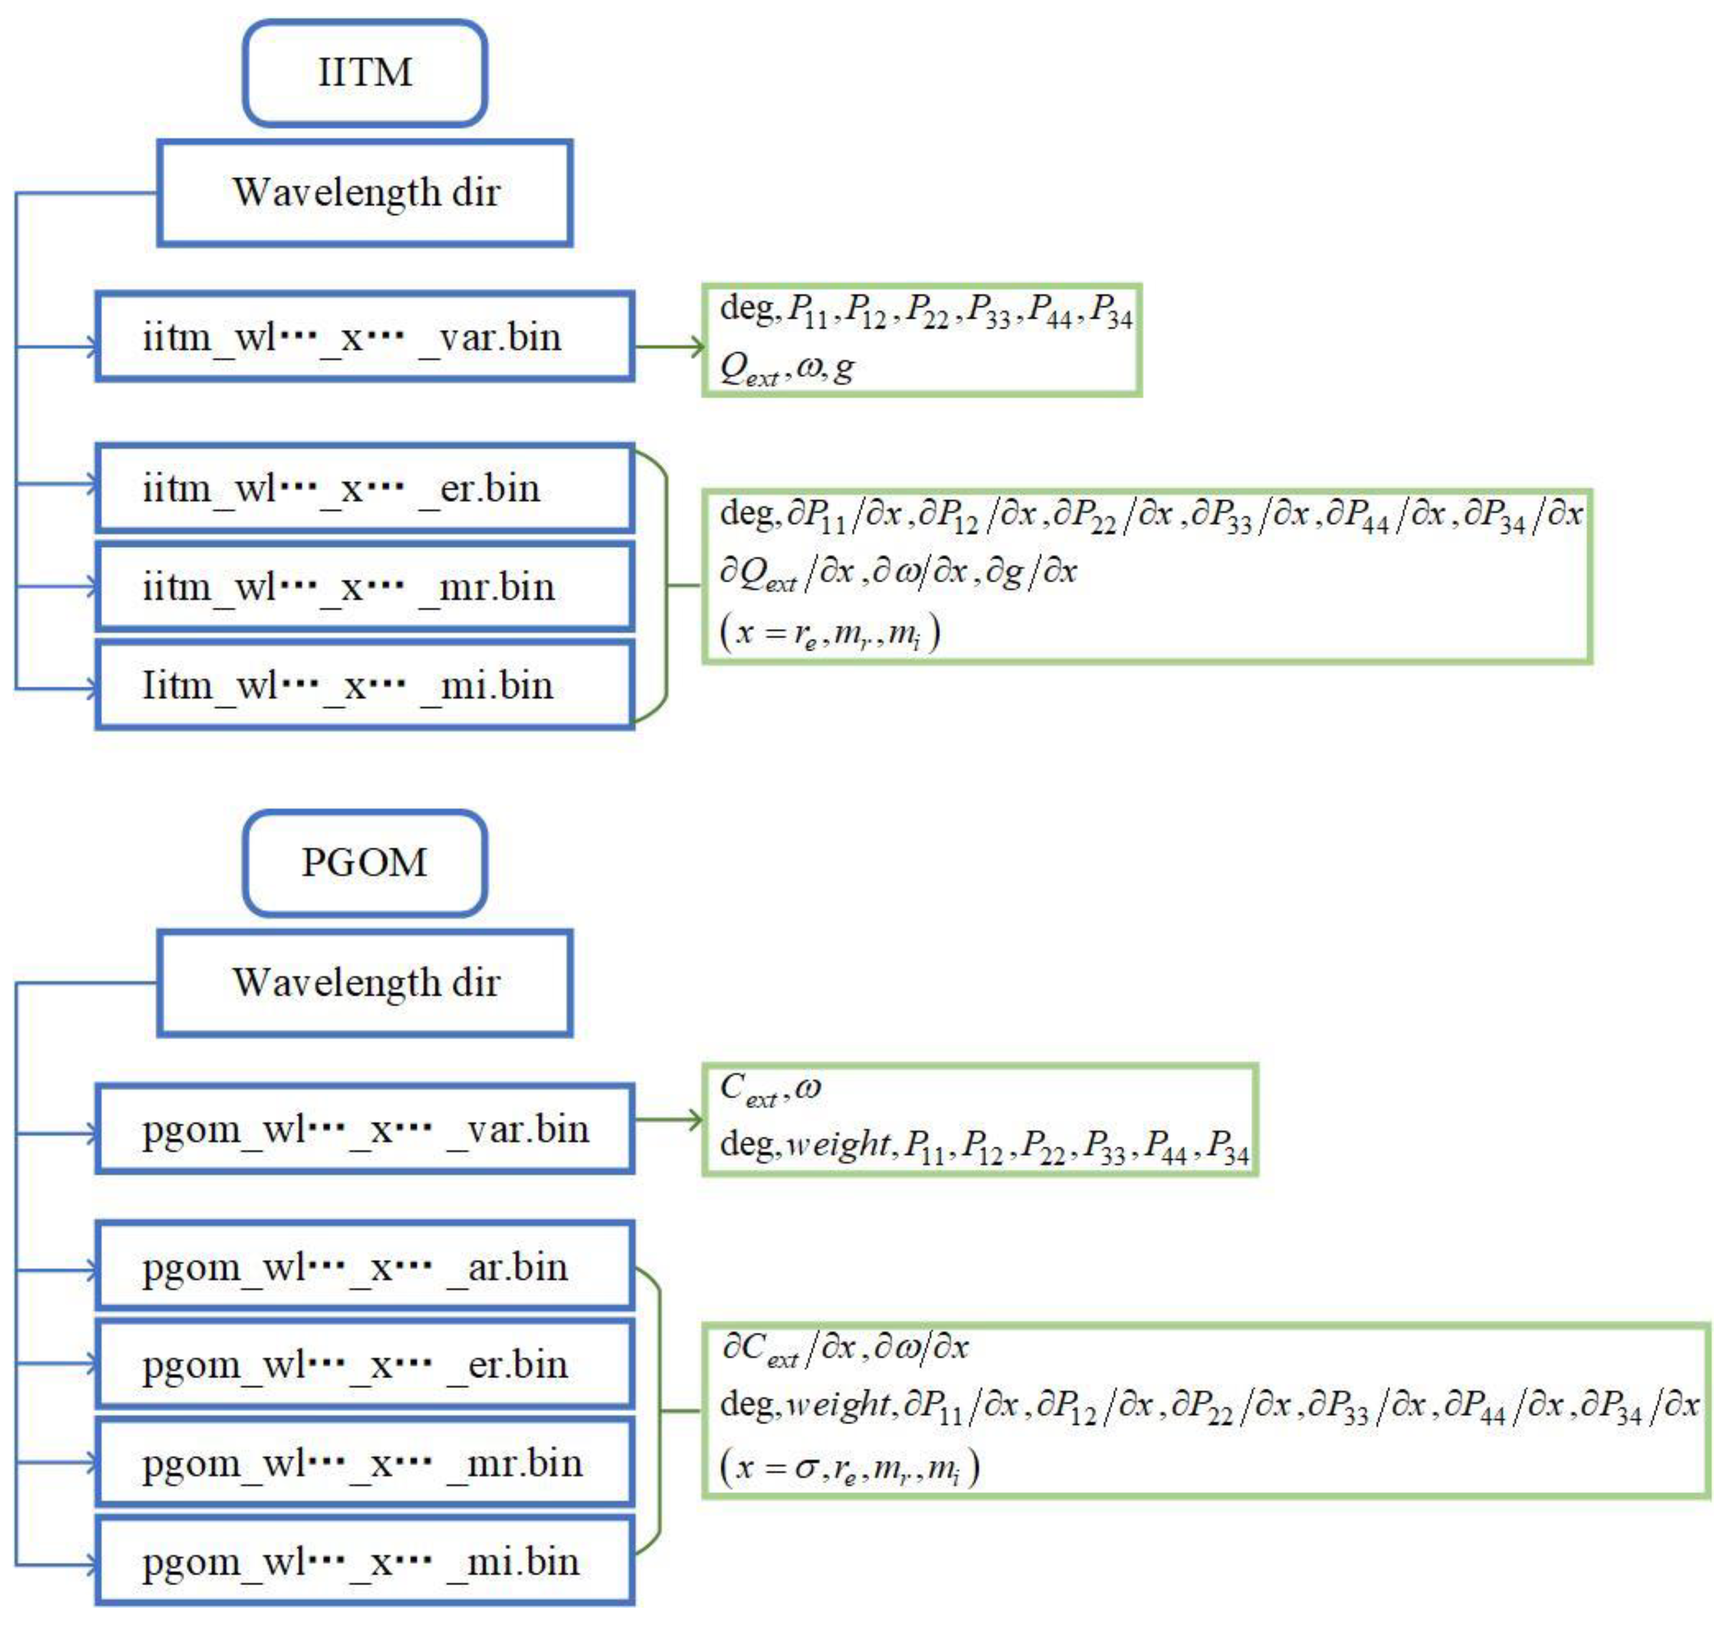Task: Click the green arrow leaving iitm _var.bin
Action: (670, 347)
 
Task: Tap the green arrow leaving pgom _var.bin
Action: (670, 1119)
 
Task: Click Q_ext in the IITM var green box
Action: (749, 370)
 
